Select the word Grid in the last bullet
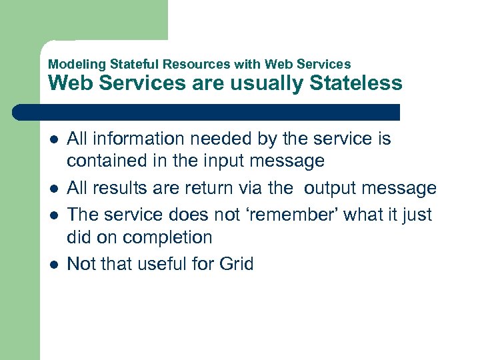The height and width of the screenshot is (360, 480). pos(236,265)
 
